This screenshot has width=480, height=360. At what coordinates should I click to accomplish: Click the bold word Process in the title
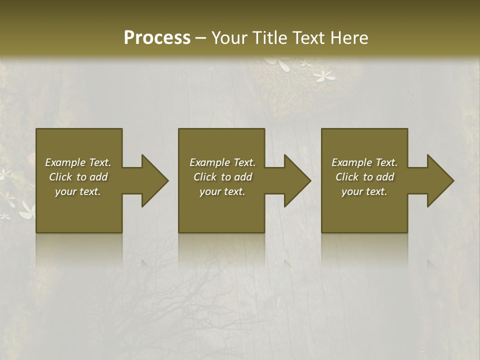pyautogui.click(x=157, y=38)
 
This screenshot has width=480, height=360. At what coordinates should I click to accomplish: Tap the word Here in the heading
pyautogui.click(x=349, y=38)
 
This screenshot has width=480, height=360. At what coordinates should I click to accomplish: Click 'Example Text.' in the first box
pyautogui.click(x=78, y=162)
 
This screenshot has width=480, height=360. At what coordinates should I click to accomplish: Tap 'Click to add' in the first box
pyautogui.click(x=78, y=177)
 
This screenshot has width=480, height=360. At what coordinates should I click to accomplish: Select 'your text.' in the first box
pyautogui.click(x=78, y=191)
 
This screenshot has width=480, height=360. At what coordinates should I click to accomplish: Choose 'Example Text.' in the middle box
pyautogui.click(x=222, y=162)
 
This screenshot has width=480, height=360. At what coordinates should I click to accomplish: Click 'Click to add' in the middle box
pyautogui.click(x=222, y=177)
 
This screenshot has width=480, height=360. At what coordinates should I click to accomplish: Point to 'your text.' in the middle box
pyautogui.click(x=222, y=191)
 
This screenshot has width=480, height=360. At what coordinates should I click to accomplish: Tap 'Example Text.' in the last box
pyautogui.click(x=364, y=162)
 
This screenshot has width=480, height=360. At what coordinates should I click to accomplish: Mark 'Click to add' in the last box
pyautogui.click(x=364, y=177)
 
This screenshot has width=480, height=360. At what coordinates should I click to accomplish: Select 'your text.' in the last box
pyautogui.click(x=364, y=191)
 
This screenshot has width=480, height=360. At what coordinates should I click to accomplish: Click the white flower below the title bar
pyautogui.click(x=324, y=76)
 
